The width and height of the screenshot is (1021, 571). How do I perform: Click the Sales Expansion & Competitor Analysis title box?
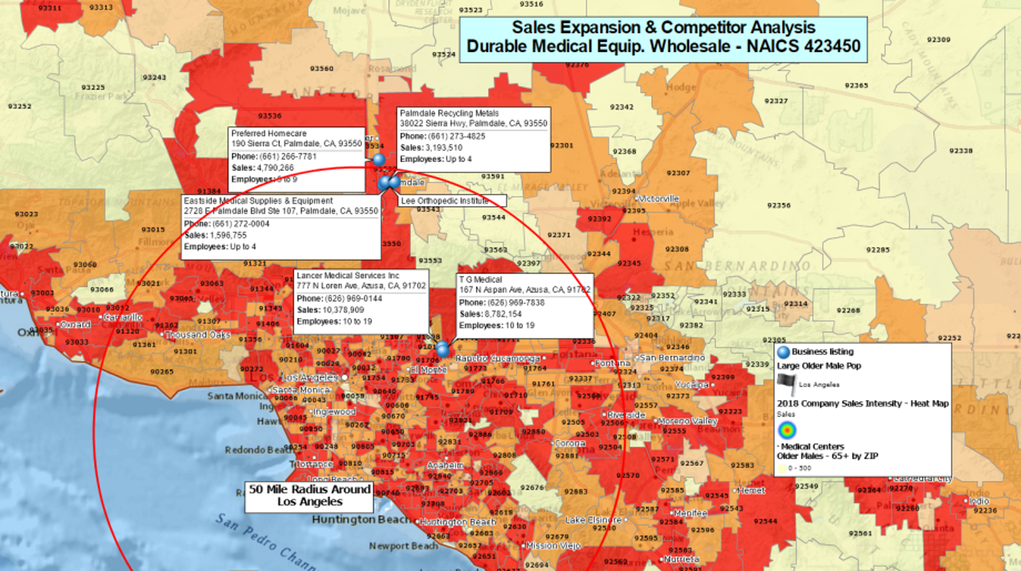coord(663,39)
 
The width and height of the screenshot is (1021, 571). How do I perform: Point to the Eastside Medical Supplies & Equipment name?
coord(258,201)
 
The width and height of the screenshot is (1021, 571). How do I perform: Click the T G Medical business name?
coord(480,280)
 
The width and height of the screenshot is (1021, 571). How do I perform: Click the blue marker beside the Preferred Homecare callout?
coord(379,160)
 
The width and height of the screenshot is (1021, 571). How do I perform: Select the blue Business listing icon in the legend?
coord(783,352)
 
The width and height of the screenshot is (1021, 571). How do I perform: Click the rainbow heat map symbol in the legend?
coord(787,430)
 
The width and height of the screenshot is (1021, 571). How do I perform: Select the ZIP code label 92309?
coord(939,40)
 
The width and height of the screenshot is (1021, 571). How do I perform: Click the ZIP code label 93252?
coord(19,106)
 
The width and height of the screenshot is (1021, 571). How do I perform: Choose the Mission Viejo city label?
coord(553,546)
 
